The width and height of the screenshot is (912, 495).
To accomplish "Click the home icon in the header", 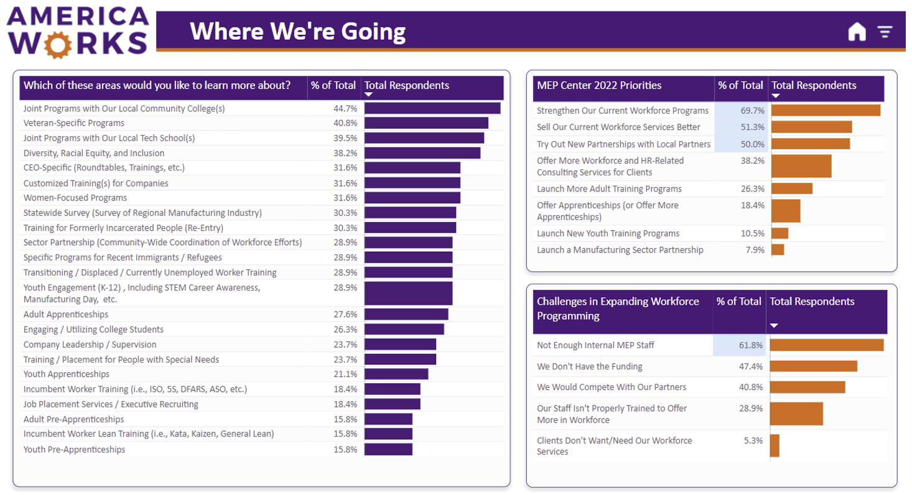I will coord(857,32).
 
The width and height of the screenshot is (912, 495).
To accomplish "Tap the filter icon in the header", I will coord(885,32).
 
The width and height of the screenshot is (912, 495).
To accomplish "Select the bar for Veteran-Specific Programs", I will coord(426,123).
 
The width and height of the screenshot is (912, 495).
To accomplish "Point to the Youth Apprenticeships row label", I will coord(67,374).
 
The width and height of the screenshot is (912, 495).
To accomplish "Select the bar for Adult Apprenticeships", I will coord(406,315).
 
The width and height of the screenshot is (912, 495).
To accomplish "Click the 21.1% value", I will coord(345,374).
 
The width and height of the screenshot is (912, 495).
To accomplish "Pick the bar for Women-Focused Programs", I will coord(412,198).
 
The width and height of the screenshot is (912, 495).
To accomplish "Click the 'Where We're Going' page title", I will coord(297,31).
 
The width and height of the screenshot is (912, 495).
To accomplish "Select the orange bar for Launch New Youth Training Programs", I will coord(779,233).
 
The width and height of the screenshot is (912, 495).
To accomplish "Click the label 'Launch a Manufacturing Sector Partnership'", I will coord(620,250).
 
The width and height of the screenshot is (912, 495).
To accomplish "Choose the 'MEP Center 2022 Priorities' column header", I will coord(599,86).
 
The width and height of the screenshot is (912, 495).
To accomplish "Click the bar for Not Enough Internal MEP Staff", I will coord(826,345).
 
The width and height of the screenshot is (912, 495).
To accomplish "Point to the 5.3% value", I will coord(753,440).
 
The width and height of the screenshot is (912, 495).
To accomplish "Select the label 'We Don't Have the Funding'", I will coord(590,366).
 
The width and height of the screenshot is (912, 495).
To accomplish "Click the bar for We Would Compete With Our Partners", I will coord(807,387).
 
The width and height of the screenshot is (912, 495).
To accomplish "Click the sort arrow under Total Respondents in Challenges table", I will coord(774,325).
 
